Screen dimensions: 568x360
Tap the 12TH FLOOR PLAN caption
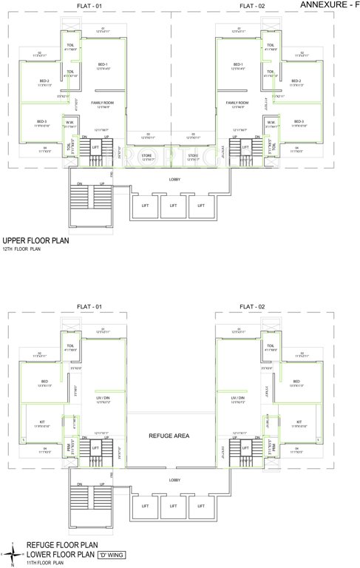click(22, 250)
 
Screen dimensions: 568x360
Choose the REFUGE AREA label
click(169, 436)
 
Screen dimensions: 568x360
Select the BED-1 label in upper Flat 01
click(103, 64)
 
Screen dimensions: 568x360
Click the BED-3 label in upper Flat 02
click(299, 121)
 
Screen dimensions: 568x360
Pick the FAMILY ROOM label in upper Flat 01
click(103, 102)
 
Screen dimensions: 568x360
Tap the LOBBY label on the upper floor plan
click(174, 180)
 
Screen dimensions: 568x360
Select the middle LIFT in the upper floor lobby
click(174, 206)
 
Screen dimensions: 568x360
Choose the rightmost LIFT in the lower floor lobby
click(197, 506)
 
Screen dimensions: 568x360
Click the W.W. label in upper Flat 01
click(68, 122)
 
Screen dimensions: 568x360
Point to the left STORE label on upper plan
click(146, 155)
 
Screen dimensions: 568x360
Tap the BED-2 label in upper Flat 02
click(299, 81)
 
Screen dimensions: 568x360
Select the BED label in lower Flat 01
click(44, 382)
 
